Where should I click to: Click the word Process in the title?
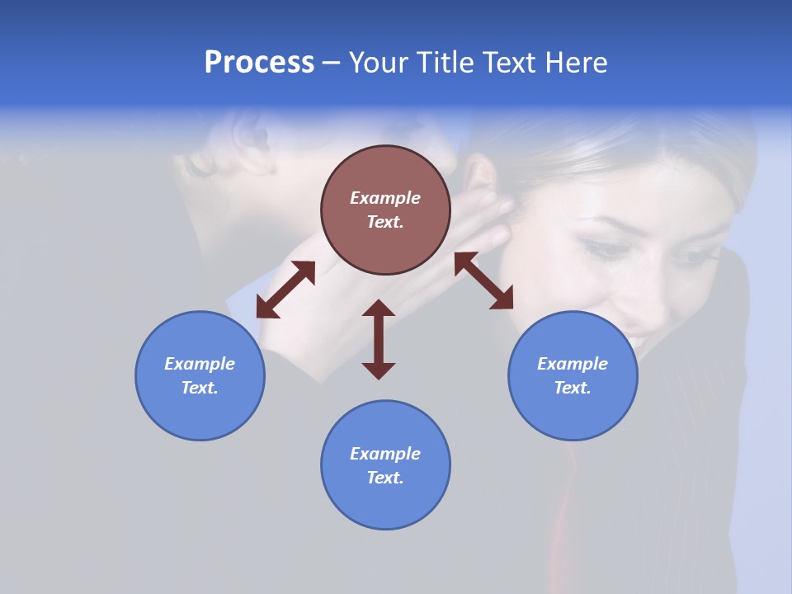coord(259,63)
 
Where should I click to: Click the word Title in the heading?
coord(445,63)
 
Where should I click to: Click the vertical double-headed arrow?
coord(379,339)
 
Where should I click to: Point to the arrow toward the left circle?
coord(285,290)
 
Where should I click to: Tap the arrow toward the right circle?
coord(483,280)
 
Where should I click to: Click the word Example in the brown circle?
coord(385,198)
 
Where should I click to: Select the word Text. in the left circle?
coord(200,388)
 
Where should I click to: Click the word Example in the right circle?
coord(573,364)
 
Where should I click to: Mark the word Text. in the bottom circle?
coord(385,478)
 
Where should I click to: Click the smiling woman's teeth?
coord(638,339)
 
